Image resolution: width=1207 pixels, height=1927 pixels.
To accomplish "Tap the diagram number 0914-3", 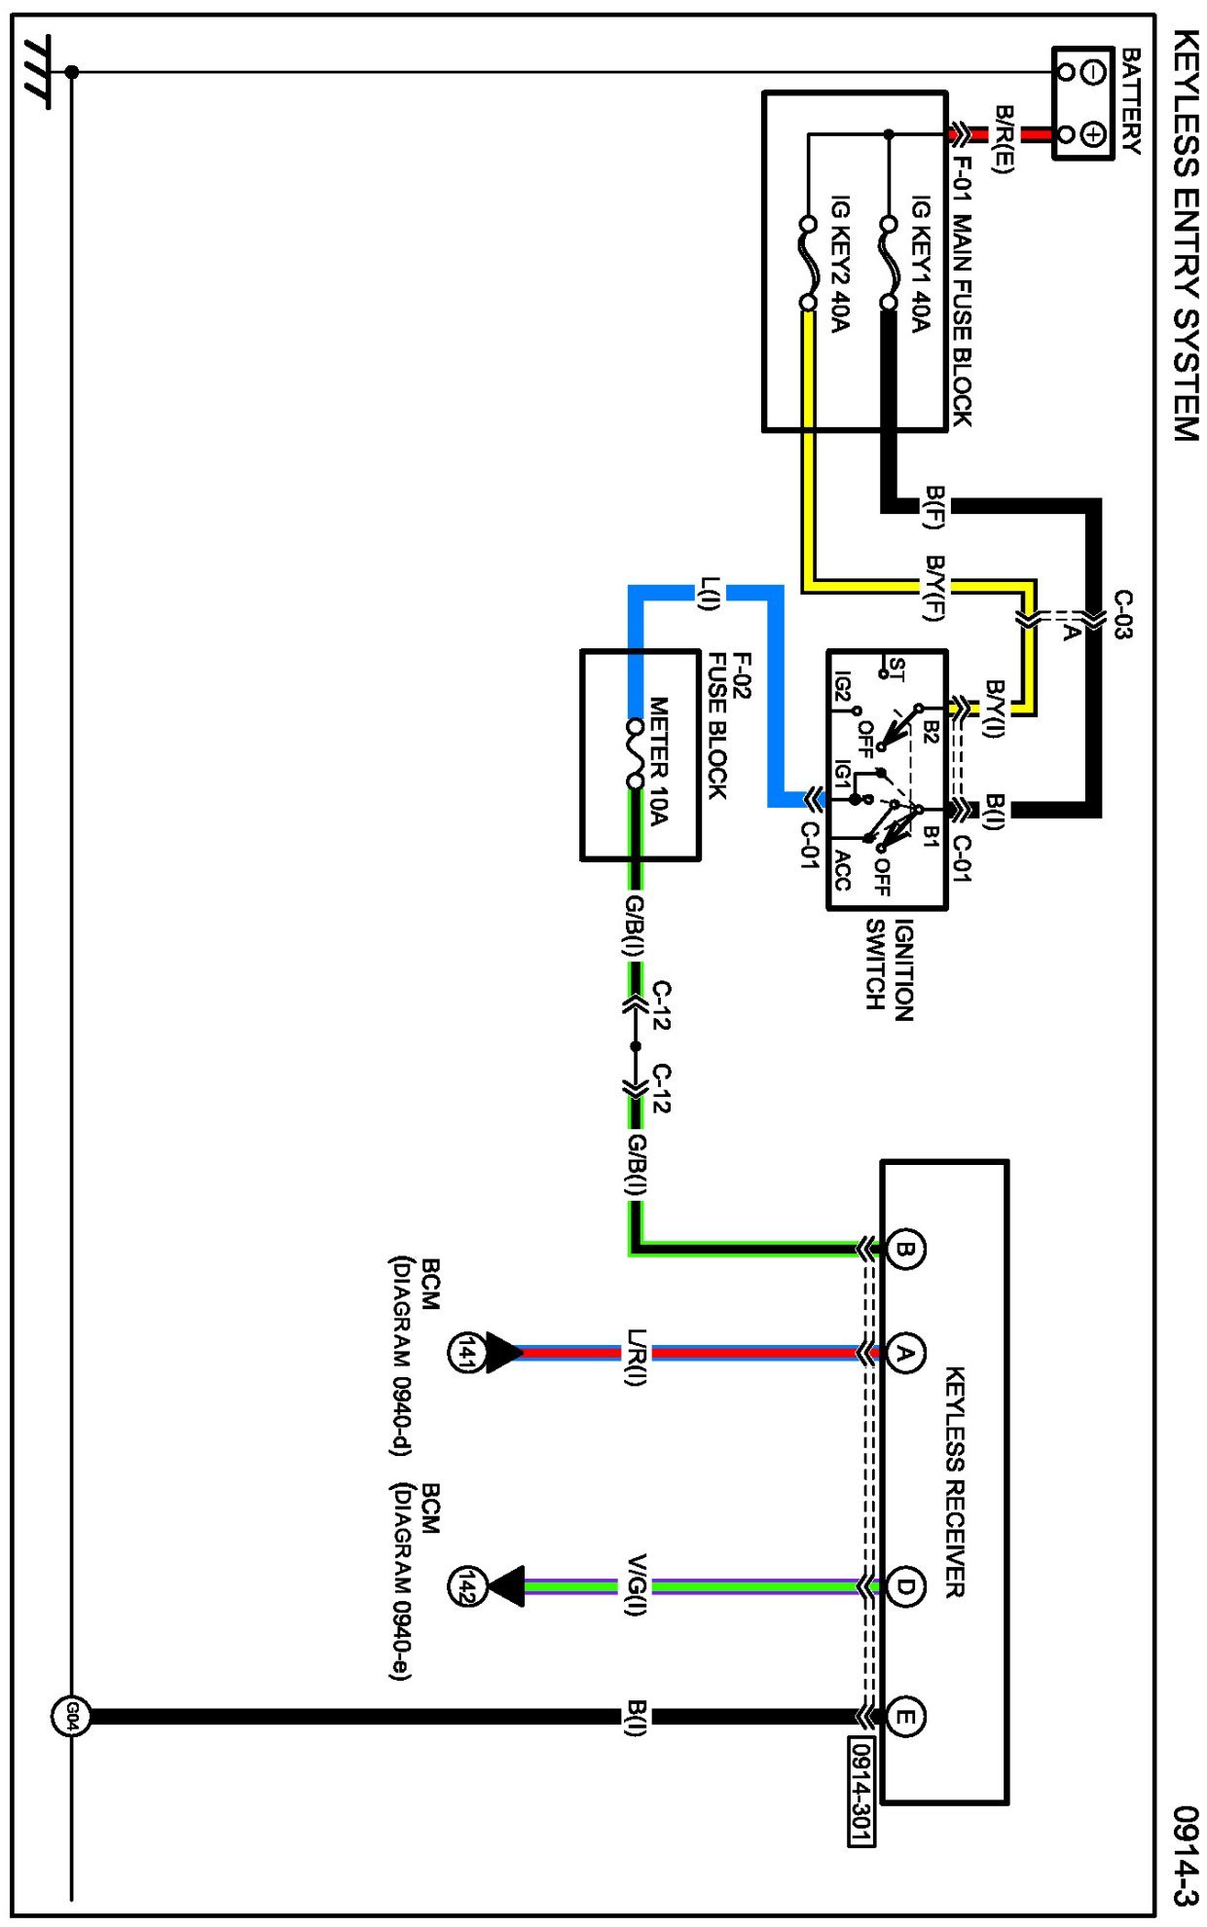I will tap(1185, 1855).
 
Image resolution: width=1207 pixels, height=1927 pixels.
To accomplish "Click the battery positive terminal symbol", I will tap(1093, 134).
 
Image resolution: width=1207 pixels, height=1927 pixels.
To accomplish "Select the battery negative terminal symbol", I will tap(1093, 72).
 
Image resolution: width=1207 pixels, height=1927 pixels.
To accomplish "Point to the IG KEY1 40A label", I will tap(920, 264).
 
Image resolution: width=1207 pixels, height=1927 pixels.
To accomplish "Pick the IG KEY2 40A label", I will tap(839, 264).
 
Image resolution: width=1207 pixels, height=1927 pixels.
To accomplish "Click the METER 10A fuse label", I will tap(659, 761).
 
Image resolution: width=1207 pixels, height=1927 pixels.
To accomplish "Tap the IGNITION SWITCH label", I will tap(889, 969).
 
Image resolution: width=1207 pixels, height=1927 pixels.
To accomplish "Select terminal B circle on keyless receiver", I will tap(905, 1250).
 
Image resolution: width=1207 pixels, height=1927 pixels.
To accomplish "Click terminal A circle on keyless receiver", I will tap(905, 1354).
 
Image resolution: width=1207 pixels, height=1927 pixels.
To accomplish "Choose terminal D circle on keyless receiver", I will tap(905, 1587).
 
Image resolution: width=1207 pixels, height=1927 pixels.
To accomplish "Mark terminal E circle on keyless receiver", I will tap(905, 1717).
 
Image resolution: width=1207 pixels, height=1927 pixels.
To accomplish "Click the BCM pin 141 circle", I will tap(465, 1353).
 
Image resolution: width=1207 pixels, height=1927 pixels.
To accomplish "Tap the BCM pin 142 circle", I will tap(465, 1587).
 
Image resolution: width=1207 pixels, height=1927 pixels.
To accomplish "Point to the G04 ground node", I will tap(70, 1717).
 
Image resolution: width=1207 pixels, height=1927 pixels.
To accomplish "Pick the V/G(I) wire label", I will tap(636, 1586).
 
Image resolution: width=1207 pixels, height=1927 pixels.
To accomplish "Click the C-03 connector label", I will tap(1122, 615).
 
